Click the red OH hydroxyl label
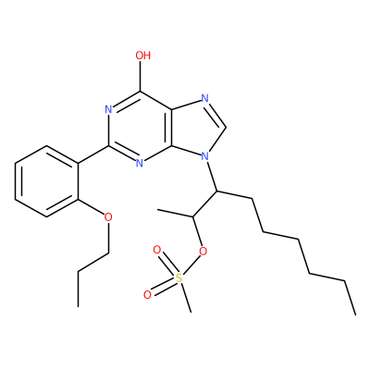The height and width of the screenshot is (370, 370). [143, 55]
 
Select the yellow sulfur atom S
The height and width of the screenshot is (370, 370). [179, 278]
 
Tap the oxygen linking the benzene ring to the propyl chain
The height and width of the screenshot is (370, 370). [108, 217]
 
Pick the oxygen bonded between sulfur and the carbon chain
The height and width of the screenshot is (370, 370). [203, 252]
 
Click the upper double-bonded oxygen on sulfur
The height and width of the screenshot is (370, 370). [157, 250]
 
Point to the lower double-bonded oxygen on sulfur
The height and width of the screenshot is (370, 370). [148, 294]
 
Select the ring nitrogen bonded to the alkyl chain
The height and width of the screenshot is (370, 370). [204, 156]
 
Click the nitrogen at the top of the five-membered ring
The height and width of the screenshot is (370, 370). [204, 99]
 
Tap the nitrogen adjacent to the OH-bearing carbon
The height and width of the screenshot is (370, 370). [108, 109]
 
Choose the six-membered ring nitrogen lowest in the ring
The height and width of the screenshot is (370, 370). [140, 164]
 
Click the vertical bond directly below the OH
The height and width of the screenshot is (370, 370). [140, 77]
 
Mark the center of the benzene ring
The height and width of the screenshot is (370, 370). [46, 181]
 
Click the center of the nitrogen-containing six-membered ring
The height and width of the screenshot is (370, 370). [140, 128]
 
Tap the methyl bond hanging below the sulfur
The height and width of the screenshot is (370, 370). [186, 298]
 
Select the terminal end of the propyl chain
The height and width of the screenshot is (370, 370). [78, 306]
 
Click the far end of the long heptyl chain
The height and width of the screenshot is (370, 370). [355, 314]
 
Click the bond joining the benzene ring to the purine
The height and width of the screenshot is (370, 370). [92, 154]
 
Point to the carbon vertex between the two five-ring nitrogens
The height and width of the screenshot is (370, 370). [227, 127]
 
